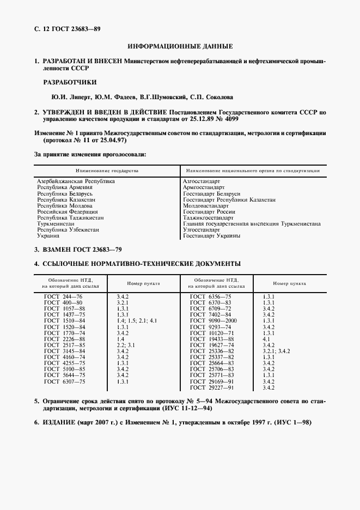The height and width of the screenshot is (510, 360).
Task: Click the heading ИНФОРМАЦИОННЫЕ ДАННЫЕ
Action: (x=180, y=47)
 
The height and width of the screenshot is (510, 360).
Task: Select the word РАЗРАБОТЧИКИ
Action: (x=70, y=83)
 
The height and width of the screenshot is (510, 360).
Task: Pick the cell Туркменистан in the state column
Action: (x=56, y=224)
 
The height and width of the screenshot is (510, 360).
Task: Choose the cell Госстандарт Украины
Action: (x=211, y=236)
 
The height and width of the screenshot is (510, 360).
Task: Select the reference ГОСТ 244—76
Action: (x=63, y=295)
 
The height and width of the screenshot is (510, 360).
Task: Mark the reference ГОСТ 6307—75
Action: (x=63, y=381)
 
